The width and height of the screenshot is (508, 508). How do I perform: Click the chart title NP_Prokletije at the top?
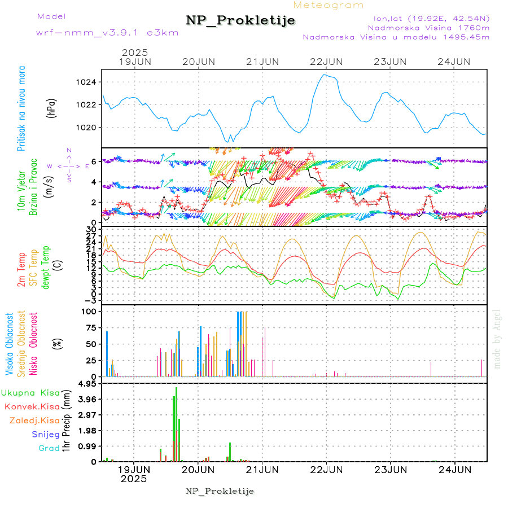coord(240,21)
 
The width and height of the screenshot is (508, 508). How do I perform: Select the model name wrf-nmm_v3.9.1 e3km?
coord(107,33)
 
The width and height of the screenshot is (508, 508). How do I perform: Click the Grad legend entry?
coord(49,448)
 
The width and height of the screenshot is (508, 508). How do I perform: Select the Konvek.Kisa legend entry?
coord(32,406)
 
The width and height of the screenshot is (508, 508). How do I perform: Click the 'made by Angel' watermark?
coord(497,339)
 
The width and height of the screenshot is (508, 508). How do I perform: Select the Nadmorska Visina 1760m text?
coord(428,27)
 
